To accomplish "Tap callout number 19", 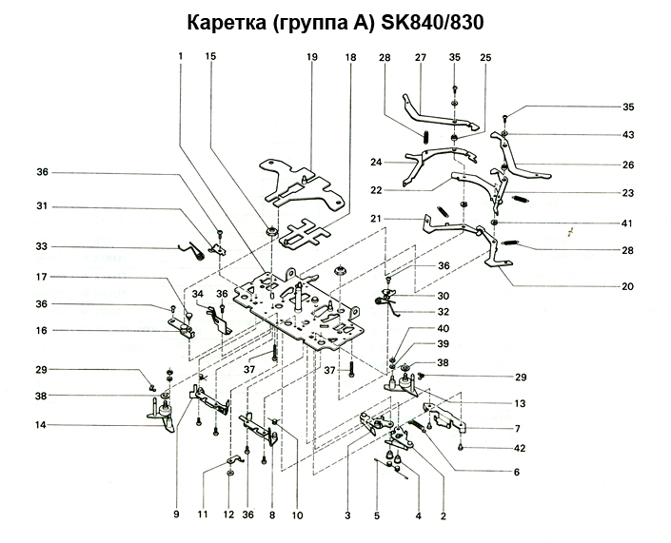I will click(311, 58).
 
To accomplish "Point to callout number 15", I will click(210, 58).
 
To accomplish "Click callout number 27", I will click(420, 58).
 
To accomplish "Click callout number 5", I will click(376, 515).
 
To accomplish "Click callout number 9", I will click(176, 515).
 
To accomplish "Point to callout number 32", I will click(444, 312).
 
